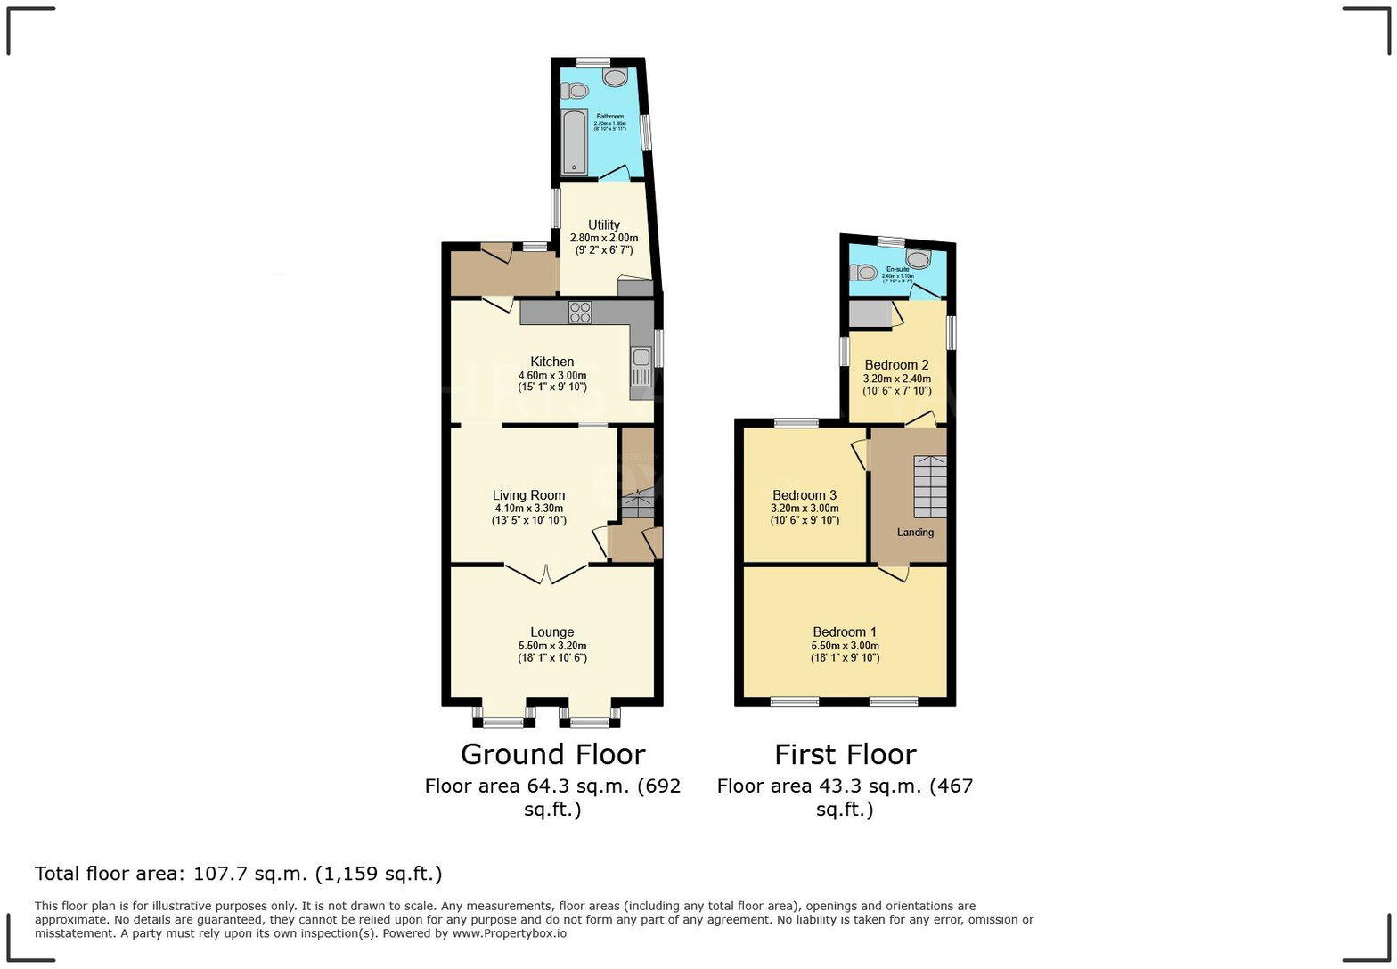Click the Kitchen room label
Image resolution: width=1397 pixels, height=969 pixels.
(x=552, y=362)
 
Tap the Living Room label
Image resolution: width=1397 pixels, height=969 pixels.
(x=529, y=495)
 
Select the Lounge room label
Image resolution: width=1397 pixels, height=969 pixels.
(x=552, y=632)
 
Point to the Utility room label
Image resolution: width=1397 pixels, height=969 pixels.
(x=604, y=224)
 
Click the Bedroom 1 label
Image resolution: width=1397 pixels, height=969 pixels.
(x=845, y=632)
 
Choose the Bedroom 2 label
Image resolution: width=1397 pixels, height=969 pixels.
(x=896, y=364)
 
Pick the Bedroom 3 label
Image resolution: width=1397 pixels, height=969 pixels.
(x=805, y=495)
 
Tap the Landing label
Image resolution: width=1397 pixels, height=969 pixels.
(x=915, y=532)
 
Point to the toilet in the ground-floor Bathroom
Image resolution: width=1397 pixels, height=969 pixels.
(x=576, y=90)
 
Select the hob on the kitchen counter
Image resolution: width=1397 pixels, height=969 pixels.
(x=580, y=312)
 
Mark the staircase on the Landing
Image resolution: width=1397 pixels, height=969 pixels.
(x=930, y=486)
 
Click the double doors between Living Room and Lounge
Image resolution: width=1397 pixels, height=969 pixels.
(x=546, y=574)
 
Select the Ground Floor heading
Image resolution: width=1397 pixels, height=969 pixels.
(x=552, y=754)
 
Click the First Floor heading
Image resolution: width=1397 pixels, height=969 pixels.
(x=845, y=754)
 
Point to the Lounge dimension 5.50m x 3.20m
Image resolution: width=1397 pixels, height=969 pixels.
(x=552, y=646)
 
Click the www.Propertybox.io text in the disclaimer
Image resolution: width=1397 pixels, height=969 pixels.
(x=509, y=933)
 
